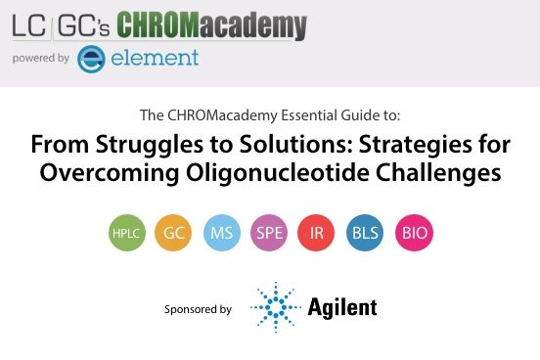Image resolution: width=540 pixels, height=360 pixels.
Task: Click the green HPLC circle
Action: point(125,234)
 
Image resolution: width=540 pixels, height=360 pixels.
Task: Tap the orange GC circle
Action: point(173,234)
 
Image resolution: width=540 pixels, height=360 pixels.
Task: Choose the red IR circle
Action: point(317,234)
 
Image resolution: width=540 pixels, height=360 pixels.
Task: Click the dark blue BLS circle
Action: point(365,234)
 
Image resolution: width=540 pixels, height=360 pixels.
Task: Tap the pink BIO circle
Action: point(413,234)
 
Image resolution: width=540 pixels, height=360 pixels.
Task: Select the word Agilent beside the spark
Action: point(342,308)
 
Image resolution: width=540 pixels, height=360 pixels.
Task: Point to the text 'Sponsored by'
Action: point(199,309)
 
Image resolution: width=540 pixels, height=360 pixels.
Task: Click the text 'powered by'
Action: point(40,59)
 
